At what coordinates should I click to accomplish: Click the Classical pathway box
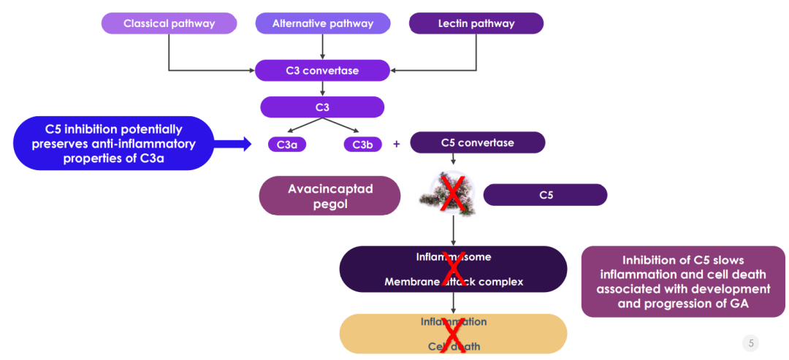[169, 23]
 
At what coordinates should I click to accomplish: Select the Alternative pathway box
[322, 23]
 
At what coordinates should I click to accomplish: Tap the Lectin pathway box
[476, 23]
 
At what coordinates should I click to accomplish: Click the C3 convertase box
[322, 70]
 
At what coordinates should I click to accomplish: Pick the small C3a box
[286, 145]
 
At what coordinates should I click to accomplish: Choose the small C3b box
[362, 145]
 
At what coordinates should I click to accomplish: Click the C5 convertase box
[477, 142]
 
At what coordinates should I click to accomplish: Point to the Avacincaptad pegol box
[330, 196]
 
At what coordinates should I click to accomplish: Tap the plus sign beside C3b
[397, 144]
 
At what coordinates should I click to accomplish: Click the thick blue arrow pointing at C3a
[235, 144]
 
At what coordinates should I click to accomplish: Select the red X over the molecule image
[454, 194]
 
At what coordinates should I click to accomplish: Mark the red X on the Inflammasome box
[454, 268]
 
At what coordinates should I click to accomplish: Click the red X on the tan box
[454, 334]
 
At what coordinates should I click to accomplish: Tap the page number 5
[751, 342]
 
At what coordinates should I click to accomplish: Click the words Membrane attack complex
[454, 282]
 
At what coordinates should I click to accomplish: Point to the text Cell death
[454, 346]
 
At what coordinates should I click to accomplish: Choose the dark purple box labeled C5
[545, 195]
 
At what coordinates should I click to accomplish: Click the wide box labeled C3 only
[322, 107]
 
